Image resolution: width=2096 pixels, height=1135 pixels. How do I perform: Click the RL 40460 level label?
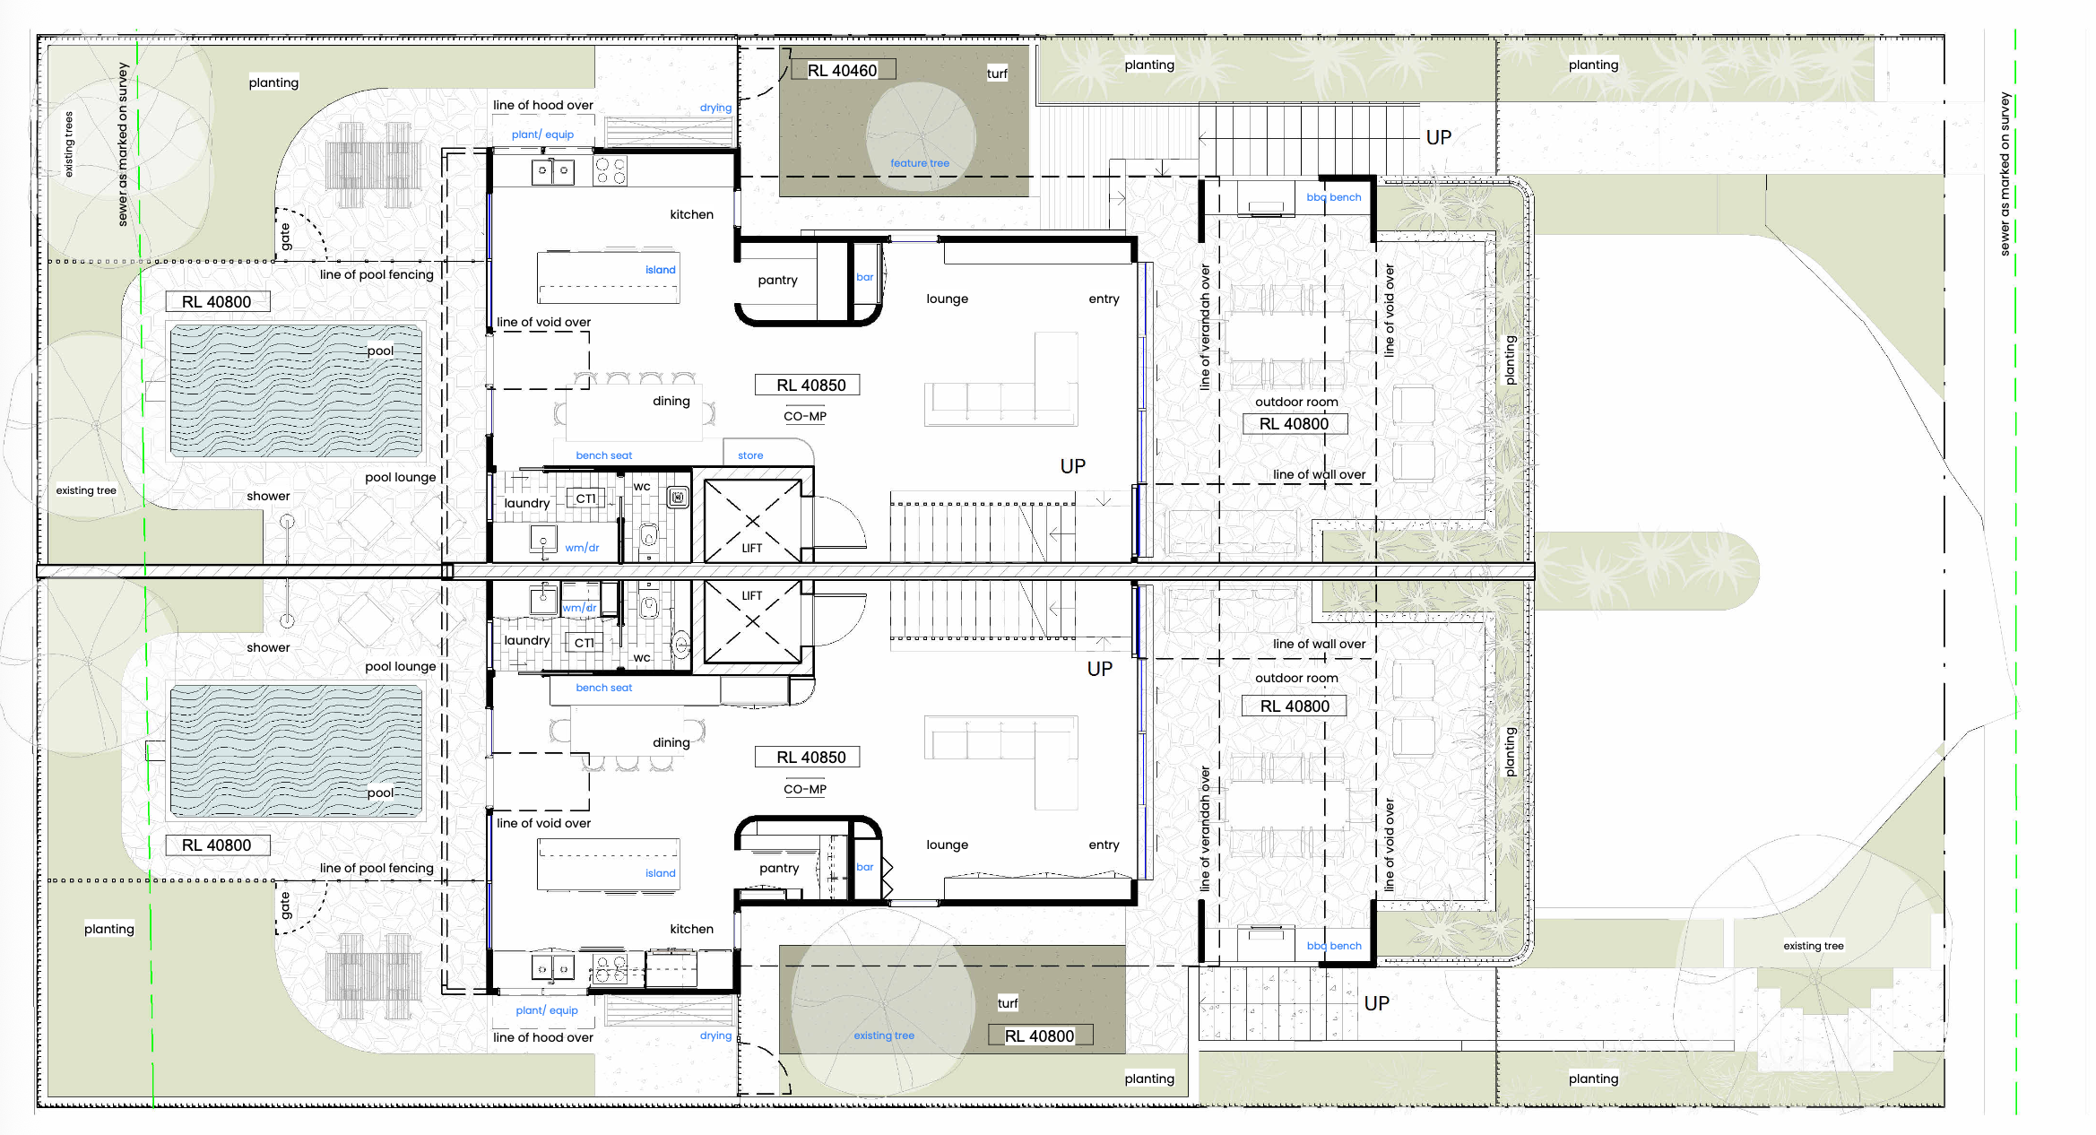click(842, 71)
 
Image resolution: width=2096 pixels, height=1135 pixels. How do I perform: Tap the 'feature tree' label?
click(919, 163)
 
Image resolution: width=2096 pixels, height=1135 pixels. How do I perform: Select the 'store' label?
click(750, 455)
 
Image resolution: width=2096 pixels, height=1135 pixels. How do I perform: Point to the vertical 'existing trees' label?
click(69, 144)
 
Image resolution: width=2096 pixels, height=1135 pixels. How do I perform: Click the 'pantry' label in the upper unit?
click(777, 280)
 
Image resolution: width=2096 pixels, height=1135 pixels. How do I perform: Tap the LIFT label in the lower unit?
click(751, 595)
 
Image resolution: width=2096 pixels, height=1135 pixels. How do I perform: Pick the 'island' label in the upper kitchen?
click(660, 270)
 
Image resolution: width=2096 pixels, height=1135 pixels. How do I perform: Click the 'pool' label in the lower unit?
click(380, 793)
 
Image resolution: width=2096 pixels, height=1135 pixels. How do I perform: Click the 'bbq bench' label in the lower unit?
click(1333, 946)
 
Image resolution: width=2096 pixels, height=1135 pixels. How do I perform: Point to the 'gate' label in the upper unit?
click(285, 237)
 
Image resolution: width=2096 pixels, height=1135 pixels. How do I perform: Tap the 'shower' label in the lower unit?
click(268, 647)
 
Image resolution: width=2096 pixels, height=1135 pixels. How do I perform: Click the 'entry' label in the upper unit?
click(1104, 299)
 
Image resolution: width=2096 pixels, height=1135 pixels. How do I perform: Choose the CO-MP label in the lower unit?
click(805, 789)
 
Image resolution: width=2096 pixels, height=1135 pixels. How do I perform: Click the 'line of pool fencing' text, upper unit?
click(377, 274)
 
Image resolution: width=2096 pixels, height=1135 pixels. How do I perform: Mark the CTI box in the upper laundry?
click(585, 498)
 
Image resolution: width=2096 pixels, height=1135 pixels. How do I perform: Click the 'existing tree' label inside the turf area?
click(884, 1035)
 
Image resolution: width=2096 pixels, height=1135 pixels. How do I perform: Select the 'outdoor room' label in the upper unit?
click(1296, 402)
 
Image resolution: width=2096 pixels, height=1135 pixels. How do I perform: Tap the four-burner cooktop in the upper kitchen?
click(611, 170)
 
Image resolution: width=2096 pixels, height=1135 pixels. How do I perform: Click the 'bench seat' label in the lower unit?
click(603, 688)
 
